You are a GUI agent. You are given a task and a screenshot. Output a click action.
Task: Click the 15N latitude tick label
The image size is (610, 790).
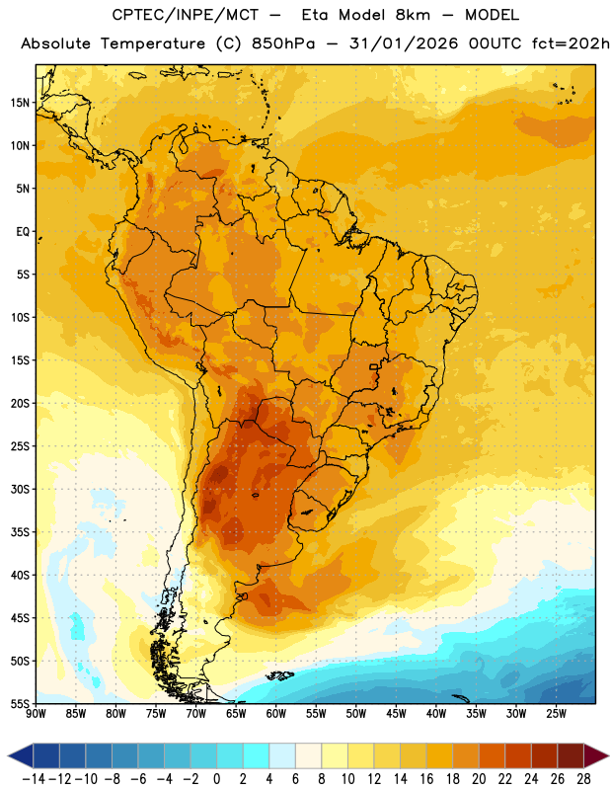(x=20, y=103)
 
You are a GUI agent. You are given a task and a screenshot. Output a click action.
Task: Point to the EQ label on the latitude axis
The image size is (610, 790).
(x=23, y=232)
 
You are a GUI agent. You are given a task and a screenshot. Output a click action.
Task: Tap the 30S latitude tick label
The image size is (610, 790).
(x=20, y=489)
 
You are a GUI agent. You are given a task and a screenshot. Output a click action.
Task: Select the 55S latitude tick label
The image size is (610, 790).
(x=20, y=703)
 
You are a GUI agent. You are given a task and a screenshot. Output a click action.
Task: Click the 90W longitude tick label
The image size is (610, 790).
(x=36, y=713)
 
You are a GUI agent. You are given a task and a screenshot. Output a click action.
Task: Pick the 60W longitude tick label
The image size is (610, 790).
(x=276, y=713)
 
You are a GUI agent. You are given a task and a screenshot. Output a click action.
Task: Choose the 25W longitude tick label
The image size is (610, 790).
(x=556, y=713)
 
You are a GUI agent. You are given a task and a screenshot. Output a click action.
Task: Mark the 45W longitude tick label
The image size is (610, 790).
(x=396, y=713)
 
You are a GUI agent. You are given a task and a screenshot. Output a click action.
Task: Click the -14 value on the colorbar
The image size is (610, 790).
(x=34, y=779)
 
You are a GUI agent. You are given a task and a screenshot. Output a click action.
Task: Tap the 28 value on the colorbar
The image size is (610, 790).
(x=583, y=779)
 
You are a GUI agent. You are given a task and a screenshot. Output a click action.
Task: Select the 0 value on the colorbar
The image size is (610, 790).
(x=216, y=779)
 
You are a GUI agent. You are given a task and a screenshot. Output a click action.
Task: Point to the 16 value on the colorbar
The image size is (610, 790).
(x=426, y=779)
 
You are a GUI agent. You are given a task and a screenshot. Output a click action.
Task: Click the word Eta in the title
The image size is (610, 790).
(x=315, y=15)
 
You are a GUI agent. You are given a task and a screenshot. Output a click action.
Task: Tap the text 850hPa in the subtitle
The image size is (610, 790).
(x=283, y=43)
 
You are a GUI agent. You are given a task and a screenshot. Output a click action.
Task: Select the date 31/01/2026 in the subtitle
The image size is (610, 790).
(x=404, y=43)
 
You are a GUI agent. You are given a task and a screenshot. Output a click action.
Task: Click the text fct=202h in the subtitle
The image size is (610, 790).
(x=571, y=43)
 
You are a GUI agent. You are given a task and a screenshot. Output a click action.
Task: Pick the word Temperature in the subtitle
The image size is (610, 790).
(x=153, y=44)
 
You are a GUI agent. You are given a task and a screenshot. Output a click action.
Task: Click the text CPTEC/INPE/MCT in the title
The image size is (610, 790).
(x=186, y=15)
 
